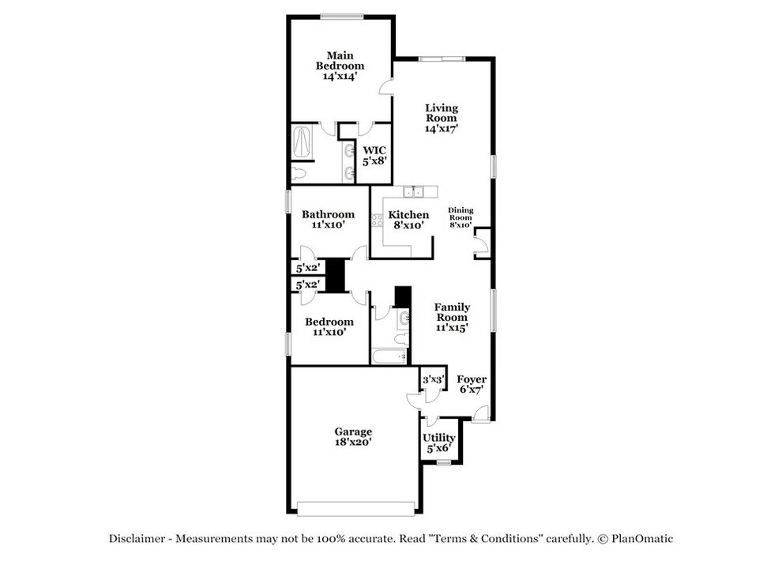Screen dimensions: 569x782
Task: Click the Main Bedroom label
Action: [340, 66]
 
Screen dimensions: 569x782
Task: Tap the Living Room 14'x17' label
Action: [442, 118]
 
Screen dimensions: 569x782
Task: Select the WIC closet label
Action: [374, 155]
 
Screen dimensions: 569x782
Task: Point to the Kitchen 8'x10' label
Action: [408, 220]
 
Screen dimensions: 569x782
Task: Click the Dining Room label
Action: [461, 217]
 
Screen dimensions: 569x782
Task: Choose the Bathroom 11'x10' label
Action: [328, 220]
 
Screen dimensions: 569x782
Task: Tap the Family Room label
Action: [453, 317]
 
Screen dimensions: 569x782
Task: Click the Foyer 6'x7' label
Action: [472, 384]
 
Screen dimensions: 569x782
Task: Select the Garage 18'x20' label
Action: [353, 437]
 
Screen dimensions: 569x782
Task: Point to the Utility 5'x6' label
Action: [438, 443]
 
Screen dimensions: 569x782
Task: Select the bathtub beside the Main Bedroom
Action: [303, 143]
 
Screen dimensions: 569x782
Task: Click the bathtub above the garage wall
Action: [389, 356]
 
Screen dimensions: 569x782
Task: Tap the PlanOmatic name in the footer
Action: [641, 539]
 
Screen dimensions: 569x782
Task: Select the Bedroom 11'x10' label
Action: [329, 326]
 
